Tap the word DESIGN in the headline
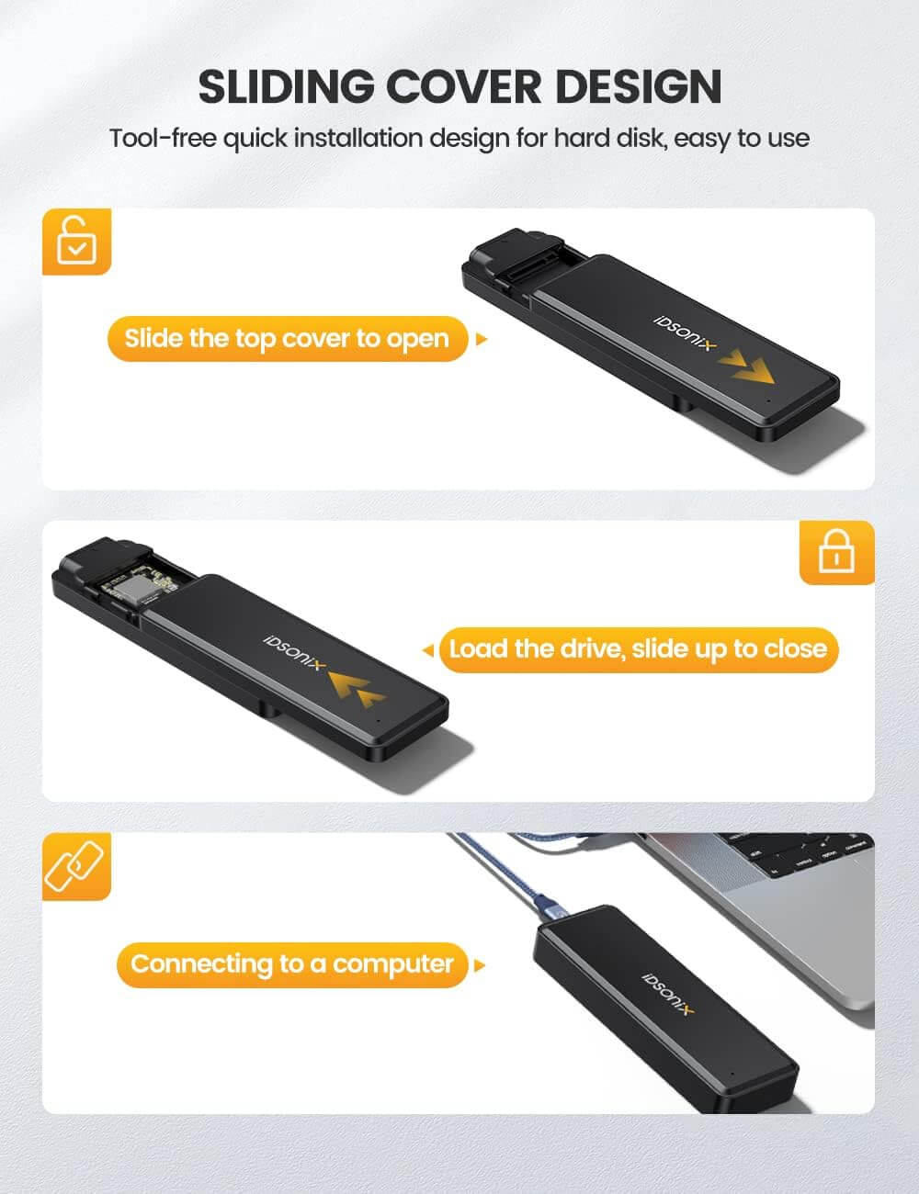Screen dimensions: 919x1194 (638, 87)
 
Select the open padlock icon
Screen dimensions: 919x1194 (77, 242)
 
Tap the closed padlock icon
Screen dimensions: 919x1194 (836, 552)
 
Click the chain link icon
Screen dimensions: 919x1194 (74, 866)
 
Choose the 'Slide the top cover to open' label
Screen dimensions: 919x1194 (288, 339)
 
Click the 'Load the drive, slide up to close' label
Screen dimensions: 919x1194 (639, 649)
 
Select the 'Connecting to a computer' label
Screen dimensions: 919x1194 (292, 964)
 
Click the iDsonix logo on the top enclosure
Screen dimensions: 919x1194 (685, 332)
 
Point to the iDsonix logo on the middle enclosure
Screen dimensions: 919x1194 (295, 653)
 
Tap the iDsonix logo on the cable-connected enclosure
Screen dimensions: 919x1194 (668, 994)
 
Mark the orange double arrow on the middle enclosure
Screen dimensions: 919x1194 (357, 689)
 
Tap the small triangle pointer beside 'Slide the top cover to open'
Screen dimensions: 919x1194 (482, 339)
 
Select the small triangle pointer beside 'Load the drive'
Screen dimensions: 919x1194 (428, 650)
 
